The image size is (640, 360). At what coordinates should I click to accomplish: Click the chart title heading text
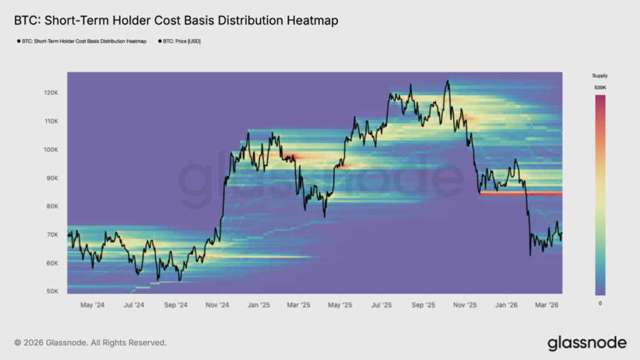[176, 21]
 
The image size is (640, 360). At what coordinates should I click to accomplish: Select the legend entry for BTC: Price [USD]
[177, 41]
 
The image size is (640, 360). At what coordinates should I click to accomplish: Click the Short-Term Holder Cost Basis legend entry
[82, 41]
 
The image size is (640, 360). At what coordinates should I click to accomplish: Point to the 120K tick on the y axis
[51, 92]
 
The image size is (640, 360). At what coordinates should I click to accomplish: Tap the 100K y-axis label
[51, 149]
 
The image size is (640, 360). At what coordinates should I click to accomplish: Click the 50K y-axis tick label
[52, 291]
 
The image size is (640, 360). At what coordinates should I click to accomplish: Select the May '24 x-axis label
[92, 306]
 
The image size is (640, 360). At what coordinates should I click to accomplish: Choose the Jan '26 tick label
[506, 306]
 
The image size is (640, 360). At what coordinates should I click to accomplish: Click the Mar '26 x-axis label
[547, 306]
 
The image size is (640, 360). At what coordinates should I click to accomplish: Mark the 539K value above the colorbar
[600, 88]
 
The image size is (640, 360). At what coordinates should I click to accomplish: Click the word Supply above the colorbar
[600, 76]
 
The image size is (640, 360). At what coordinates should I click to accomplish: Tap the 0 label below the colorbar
[600, 302]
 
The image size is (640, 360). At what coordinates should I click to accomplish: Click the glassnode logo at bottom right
[586, 342]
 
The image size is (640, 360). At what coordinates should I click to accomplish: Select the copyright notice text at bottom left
[90, 342]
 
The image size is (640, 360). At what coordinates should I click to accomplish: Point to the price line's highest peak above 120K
[447, 81]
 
